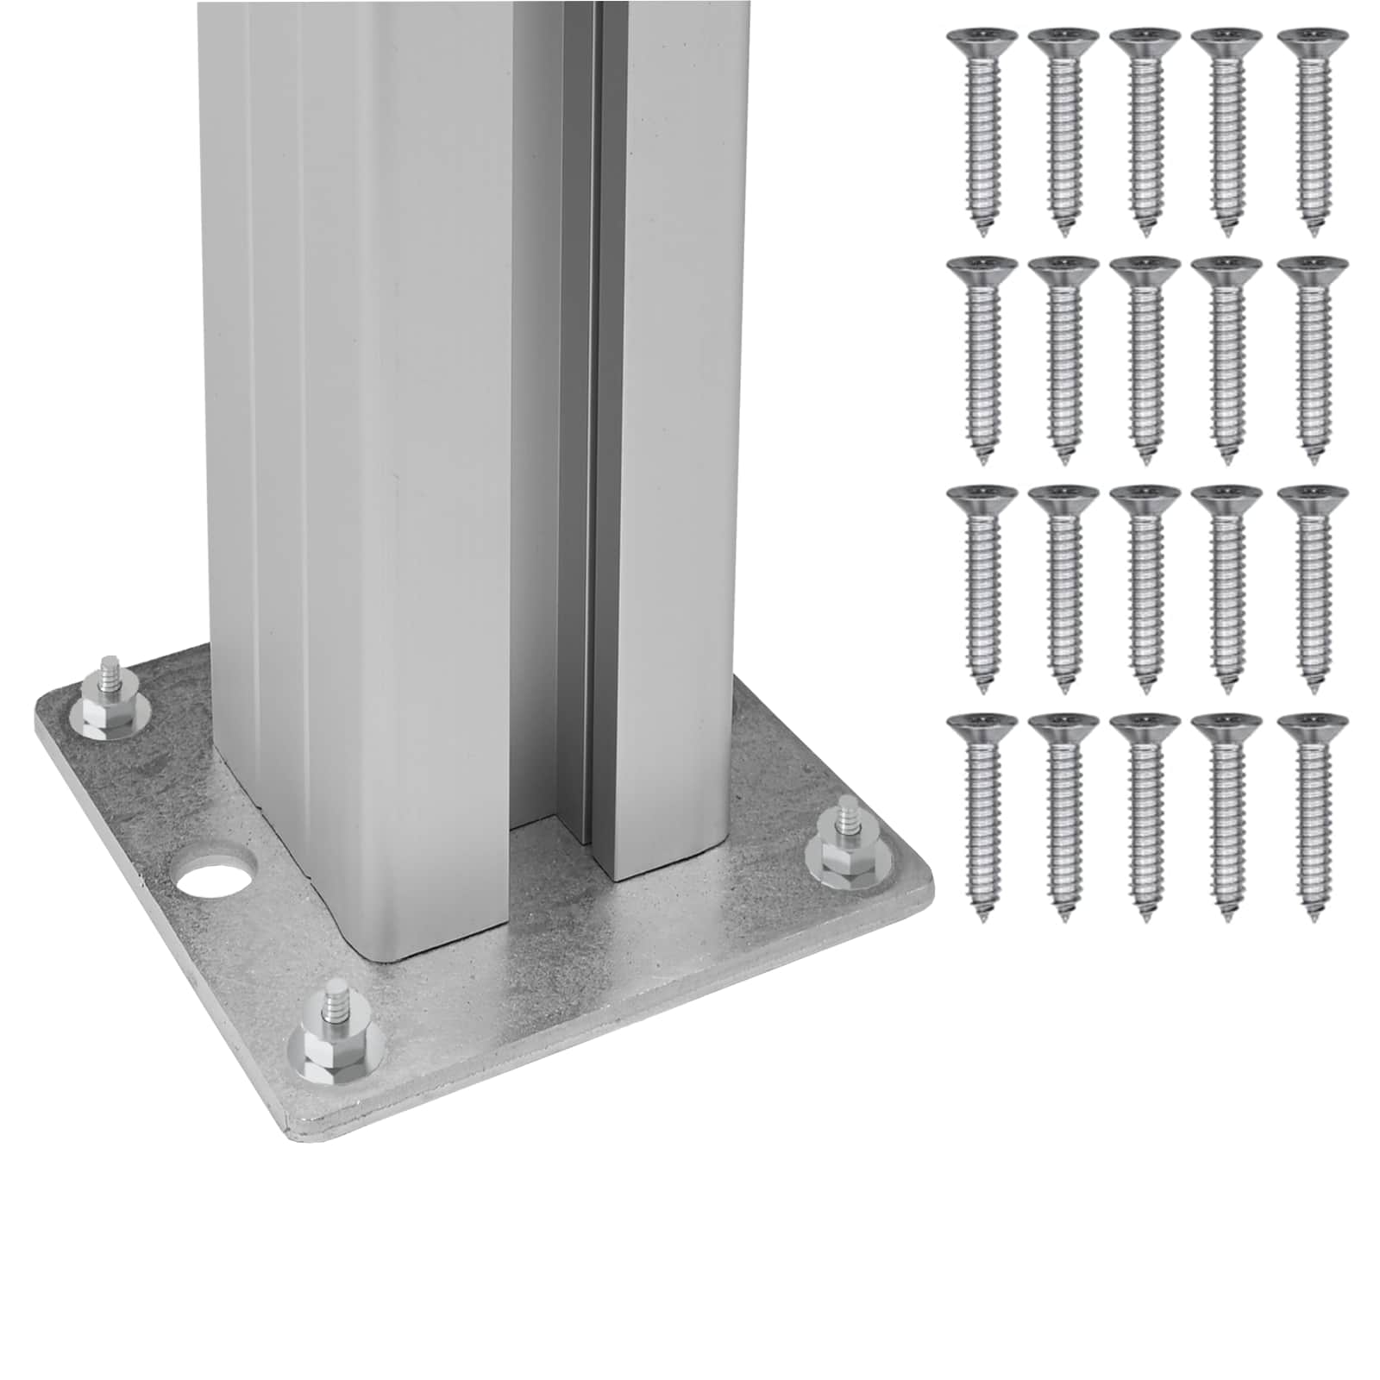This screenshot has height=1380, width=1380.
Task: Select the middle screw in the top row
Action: coord(1143,129)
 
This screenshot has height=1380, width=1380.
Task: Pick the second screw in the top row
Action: coord(1058,129)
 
